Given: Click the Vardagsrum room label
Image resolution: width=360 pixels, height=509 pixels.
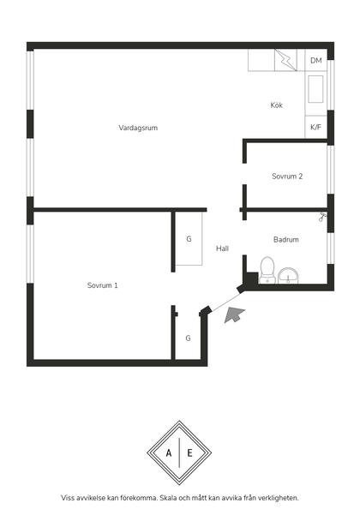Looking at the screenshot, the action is click(138, 128).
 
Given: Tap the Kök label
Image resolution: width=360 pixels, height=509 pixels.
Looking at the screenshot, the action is click(277, 105).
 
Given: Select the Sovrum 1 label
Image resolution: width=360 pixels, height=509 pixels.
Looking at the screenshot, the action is click(102, 285).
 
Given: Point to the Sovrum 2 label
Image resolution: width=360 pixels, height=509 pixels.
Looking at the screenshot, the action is click(287, 177).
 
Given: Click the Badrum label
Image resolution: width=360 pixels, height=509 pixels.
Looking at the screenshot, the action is click(286, 240).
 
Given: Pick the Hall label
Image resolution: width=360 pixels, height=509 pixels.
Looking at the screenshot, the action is click(222, 249).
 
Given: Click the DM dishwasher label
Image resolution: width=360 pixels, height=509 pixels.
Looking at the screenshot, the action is click(315, 60).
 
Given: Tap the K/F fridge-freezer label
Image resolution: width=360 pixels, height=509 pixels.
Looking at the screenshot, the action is click(315, 127).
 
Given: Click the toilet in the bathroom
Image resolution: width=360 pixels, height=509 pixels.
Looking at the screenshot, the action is click(267, 270).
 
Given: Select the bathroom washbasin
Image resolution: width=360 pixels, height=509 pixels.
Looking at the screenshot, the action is click(288, 276).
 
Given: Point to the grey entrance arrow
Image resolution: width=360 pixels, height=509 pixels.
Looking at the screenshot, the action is click(234, 314).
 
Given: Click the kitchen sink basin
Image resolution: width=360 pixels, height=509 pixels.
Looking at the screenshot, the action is click(315, 89).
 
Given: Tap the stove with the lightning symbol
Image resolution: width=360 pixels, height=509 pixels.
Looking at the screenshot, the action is click(285, 60).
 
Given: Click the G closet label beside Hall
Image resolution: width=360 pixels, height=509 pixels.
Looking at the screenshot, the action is click(189, 239).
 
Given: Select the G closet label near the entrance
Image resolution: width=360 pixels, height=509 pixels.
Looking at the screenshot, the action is click(188, 338).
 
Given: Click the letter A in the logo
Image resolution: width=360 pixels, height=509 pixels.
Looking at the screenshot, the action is click(169, 452).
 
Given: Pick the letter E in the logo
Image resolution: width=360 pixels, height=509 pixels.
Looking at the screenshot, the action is click(189, 452).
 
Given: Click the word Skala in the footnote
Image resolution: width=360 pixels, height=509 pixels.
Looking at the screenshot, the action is click(168, 498).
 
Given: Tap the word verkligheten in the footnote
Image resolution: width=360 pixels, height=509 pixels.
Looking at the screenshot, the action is click(280, 498).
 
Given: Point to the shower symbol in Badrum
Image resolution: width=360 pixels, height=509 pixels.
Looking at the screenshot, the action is click(322, 217).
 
